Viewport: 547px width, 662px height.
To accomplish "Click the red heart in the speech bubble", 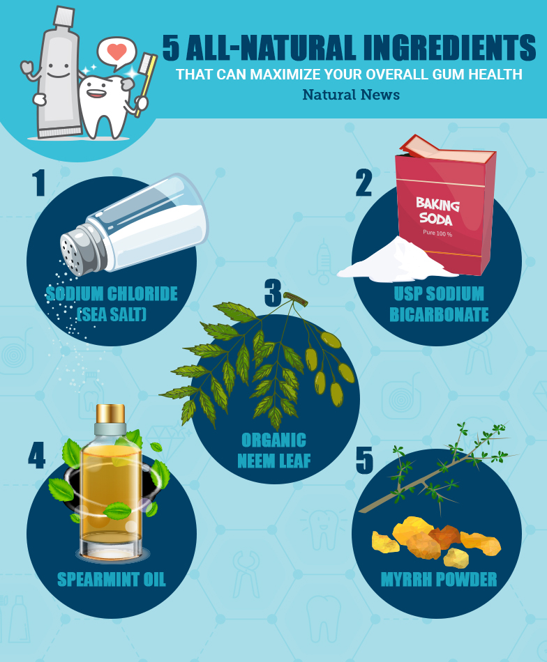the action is (x=117, y=51).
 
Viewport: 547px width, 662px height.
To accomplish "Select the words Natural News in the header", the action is (x=351, y=95).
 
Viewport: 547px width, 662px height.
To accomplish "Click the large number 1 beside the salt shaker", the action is (x=39, y=183).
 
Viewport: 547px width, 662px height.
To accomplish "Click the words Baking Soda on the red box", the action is (x=437, y=211).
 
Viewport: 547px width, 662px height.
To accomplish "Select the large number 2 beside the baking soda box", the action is (x=364, y=183).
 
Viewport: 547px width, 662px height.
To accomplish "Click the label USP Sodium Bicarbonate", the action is (x=439, y=304).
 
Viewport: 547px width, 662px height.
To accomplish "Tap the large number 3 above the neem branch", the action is (x=273, y=293).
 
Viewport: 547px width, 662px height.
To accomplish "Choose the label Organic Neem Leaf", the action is (x=274, y=450).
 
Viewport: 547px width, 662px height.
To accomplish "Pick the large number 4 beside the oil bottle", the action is (x=37, y=455).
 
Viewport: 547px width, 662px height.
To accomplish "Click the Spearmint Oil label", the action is (x=111, y=579).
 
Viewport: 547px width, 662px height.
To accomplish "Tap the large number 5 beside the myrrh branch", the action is (x=364, y=460).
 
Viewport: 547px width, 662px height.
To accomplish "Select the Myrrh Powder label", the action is (x=439, y=579).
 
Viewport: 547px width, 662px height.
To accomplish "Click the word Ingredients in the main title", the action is (x=449, y=47).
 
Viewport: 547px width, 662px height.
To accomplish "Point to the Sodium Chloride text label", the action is (x=112, y=294).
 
